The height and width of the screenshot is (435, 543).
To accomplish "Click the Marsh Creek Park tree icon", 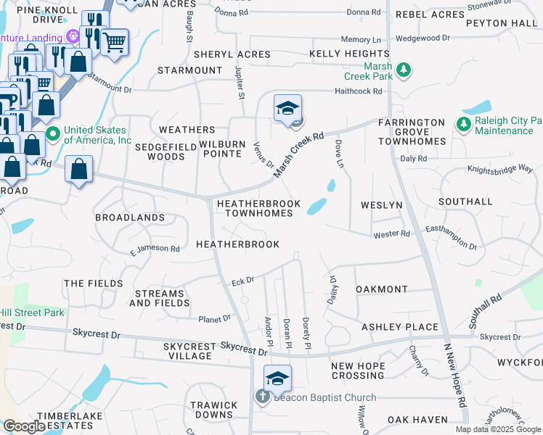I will coord(404,70).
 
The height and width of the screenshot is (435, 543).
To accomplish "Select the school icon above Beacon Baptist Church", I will coord(277,378).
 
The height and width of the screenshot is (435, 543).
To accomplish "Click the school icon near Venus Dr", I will coord(287,108).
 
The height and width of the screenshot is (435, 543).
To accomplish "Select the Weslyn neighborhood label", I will coord(381,205).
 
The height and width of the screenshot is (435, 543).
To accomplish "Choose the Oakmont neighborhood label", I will coord(381,289).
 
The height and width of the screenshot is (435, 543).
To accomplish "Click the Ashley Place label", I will coord(400,327).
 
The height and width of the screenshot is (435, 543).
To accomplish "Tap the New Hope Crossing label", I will coord(358,370).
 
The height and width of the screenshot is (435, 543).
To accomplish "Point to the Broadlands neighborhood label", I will coord(130,217).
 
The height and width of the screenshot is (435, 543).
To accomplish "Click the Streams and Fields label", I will coord(159,298).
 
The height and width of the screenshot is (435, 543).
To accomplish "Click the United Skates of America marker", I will coord(52,135).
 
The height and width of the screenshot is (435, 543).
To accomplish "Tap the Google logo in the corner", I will coord(24,426).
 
